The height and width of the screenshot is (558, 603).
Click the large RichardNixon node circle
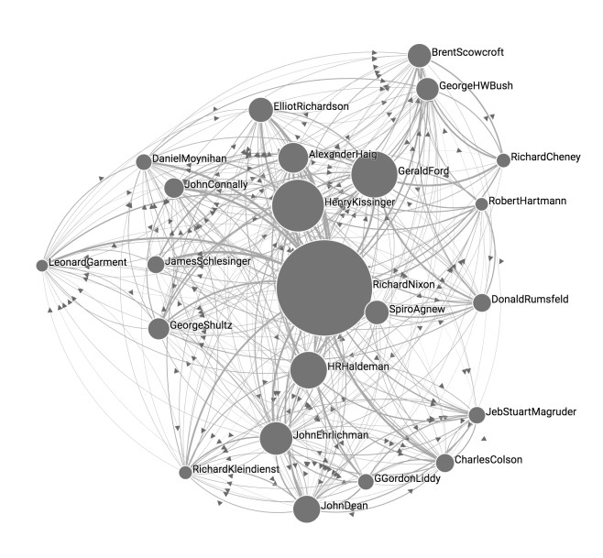click(x=324, y=288)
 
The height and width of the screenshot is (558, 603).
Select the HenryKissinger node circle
click(x=298, y=205)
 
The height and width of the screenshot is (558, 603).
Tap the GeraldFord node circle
click(x=374, y=175)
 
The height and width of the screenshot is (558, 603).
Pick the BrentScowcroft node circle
click(x=419, y=56)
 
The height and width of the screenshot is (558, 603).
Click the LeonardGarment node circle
click(x=42, y=266)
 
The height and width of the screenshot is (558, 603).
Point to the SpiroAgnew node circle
click(x=377, y=312)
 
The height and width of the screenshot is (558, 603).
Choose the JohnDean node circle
click(x=306, y=509)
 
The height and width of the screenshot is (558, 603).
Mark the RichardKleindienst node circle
click(x=185, y=472)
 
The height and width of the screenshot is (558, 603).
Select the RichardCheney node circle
click(x=503, y=160)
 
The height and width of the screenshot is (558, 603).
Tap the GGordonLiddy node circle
click(x=366, y=481)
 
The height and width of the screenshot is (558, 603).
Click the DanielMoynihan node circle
click(x=144, y=162)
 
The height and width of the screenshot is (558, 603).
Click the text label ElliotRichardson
click(x=311, y=106)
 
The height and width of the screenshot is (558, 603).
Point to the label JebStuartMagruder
click(x=531, y=412)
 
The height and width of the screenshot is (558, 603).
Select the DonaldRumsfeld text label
click(x=530, y=300)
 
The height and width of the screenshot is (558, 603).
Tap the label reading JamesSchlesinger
click(x=208, y=261)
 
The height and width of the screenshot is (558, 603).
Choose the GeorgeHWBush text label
click(x=477, y=85)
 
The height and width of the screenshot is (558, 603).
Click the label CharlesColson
click(x=488, y=460)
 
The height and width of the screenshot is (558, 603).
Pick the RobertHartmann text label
click(x=527, y=201)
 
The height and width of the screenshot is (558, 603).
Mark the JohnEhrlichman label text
click(x=331, y=435)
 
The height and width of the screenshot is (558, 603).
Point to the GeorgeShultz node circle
click(x=159, y=328)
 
